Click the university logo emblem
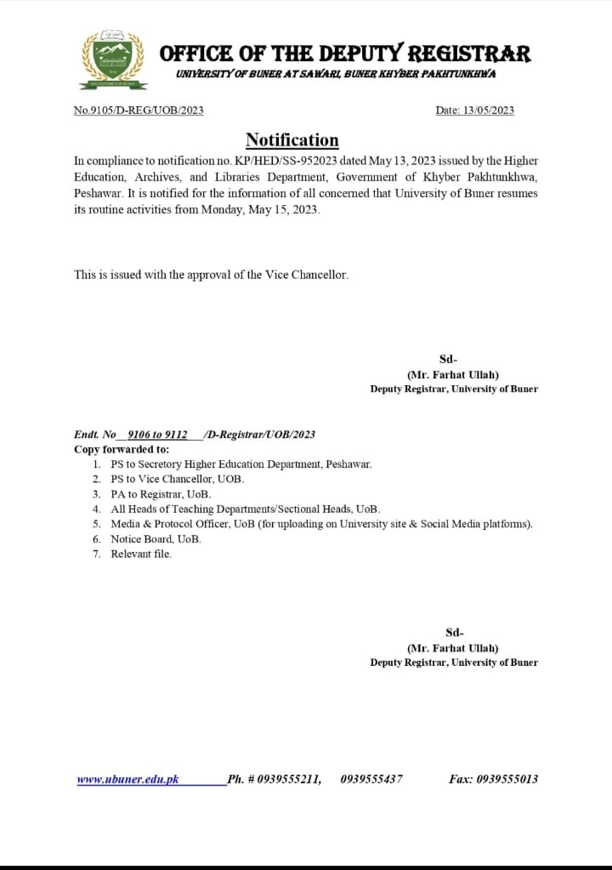point(113,60)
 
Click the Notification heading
point(292,140)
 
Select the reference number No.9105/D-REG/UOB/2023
point(139,111)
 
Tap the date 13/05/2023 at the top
point(489,111)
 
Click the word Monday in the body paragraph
point(221,210)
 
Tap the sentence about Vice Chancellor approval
point(211,275)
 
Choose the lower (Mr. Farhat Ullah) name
point(453,647)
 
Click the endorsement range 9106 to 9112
point(157,435)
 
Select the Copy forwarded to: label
point(122,449)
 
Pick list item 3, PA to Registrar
point(161,494)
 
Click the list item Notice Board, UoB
point(156,539)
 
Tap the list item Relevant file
point(141,554)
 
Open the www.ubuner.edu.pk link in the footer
point(127,778)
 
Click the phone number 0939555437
point(371,778)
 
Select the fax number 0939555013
point(507,778)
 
